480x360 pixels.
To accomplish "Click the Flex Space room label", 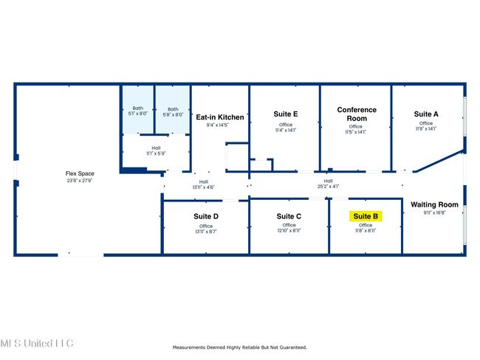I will [x=80, y=173].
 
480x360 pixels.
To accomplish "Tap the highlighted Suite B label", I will [x=366, y=216].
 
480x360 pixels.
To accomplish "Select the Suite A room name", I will [x=426, y=114].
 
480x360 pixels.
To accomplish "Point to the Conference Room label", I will [x=357, y=114].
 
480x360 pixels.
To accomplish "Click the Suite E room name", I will [x=285, y=114].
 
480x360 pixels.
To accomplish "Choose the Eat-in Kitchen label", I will [x=219, y=117].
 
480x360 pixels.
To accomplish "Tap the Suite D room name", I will [x=205, y=216].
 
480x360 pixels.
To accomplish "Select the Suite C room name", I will [x=289, y=216].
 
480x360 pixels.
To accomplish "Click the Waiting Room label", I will [x=434, y=204].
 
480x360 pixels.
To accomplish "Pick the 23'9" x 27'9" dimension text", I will [x=80, y=180].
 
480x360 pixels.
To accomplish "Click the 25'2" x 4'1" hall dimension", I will [x=327, y=187].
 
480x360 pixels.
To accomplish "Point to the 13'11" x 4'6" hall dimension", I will [x=204, y=187].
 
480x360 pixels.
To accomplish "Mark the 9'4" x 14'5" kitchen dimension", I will [x=217, y=125].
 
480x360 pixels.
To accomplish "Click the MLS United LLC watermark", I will [x=37, y=344].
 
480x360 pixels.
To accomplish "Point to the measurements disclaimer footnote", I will [x=239, y=347].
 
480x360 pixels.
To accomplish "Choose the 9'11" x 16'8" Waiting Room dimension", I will [x=434, y=213].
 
